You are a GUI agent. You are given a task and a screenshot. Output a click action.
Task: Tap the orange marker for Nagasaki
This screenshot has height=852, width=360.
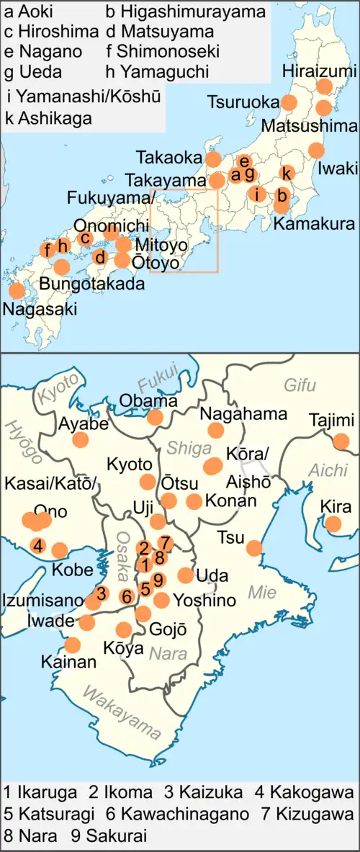point(16,292)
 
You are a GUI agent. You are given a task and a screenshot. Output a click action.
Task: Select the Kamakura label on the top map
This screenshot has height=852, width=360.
point(314,224)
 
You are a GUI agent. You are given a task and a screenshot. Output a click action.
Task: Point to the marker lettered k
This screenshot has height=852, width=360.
point(287,173)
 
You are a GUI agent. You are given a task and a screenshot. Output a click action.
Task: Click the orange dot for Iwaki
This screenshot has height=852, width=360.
point(316,151)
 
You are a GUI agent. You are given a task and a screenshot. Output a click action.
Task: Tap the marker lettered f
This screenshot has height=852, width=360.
point(47,250)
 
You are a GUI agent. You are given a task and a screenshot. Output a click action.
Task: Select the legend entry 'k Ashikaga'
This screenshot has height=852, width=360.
point(48,118)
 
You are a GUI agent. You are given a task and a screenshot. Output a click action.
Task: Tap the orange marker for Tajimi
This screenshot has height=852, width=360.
point(341,441)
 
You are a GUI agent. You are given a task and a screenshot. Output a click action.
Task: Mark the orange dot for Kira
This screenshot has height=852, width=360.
point(333,524)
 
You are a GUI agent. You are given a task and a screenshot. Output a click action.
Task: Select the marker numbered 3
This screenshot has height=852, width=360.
point(102,594)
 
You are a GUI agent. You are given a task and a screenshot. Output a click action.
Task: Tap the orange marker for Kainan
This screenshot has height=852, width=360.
point(73,645)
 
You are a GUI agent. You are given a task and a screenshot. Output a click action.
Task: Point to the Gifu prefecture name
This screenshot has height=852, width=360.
point(300,385)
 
